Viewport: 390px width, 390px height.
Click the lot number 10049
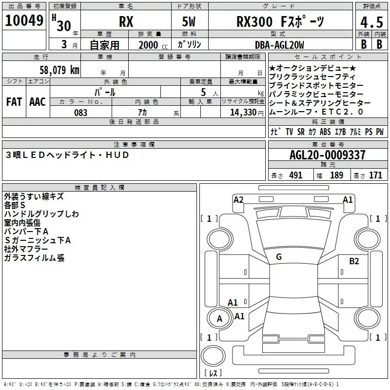coord(24,20)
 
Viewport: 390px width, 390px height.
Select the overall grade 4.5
coord(371,22)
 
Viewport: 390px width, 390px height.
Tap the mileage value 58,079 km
coord(59,70)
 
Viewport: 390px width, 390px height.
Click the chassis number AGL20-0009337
coord(328,155)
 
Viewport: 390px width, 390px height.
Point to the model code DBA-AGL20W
coord(279,45)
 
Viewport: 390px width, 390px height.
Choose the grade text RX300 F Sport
coord(280,22)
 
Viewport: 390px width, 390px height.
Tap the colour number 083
coord(81,113)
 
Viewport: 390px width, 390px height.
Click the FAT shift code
coord(14,102)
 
